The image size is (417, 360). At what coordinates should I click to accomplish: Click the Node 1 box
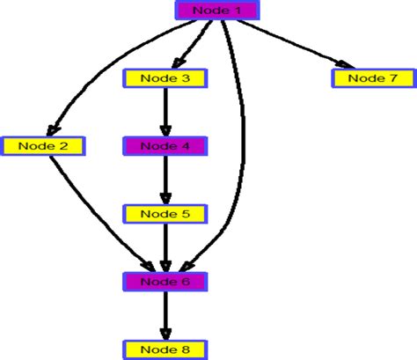tap(216, 11)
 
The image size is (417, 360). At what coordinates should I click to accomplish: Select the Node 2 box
tap(43, 145)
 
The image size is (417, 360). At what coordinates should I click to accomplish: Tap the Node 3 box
tap(165, 78)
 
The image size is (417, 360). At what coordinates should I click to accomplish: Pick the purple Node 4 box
tap(165, 146)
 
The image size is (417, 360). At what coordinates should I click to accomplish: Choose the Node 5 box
tap(165, 214)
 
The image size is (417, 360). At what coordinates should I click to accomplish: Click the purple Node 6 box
tap(165, 282)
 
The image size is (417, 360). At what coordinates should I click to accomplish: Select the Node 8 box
tap(165, 349)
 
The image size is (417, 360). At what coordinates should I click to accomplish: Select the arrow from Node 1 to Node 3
tap(194, 44)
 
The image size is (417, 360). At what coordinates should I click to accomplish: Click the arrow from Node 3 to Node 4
tap(165, 110)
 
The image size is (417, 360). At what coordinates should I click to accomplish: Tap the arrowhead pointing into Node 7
tap(339, 63)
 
